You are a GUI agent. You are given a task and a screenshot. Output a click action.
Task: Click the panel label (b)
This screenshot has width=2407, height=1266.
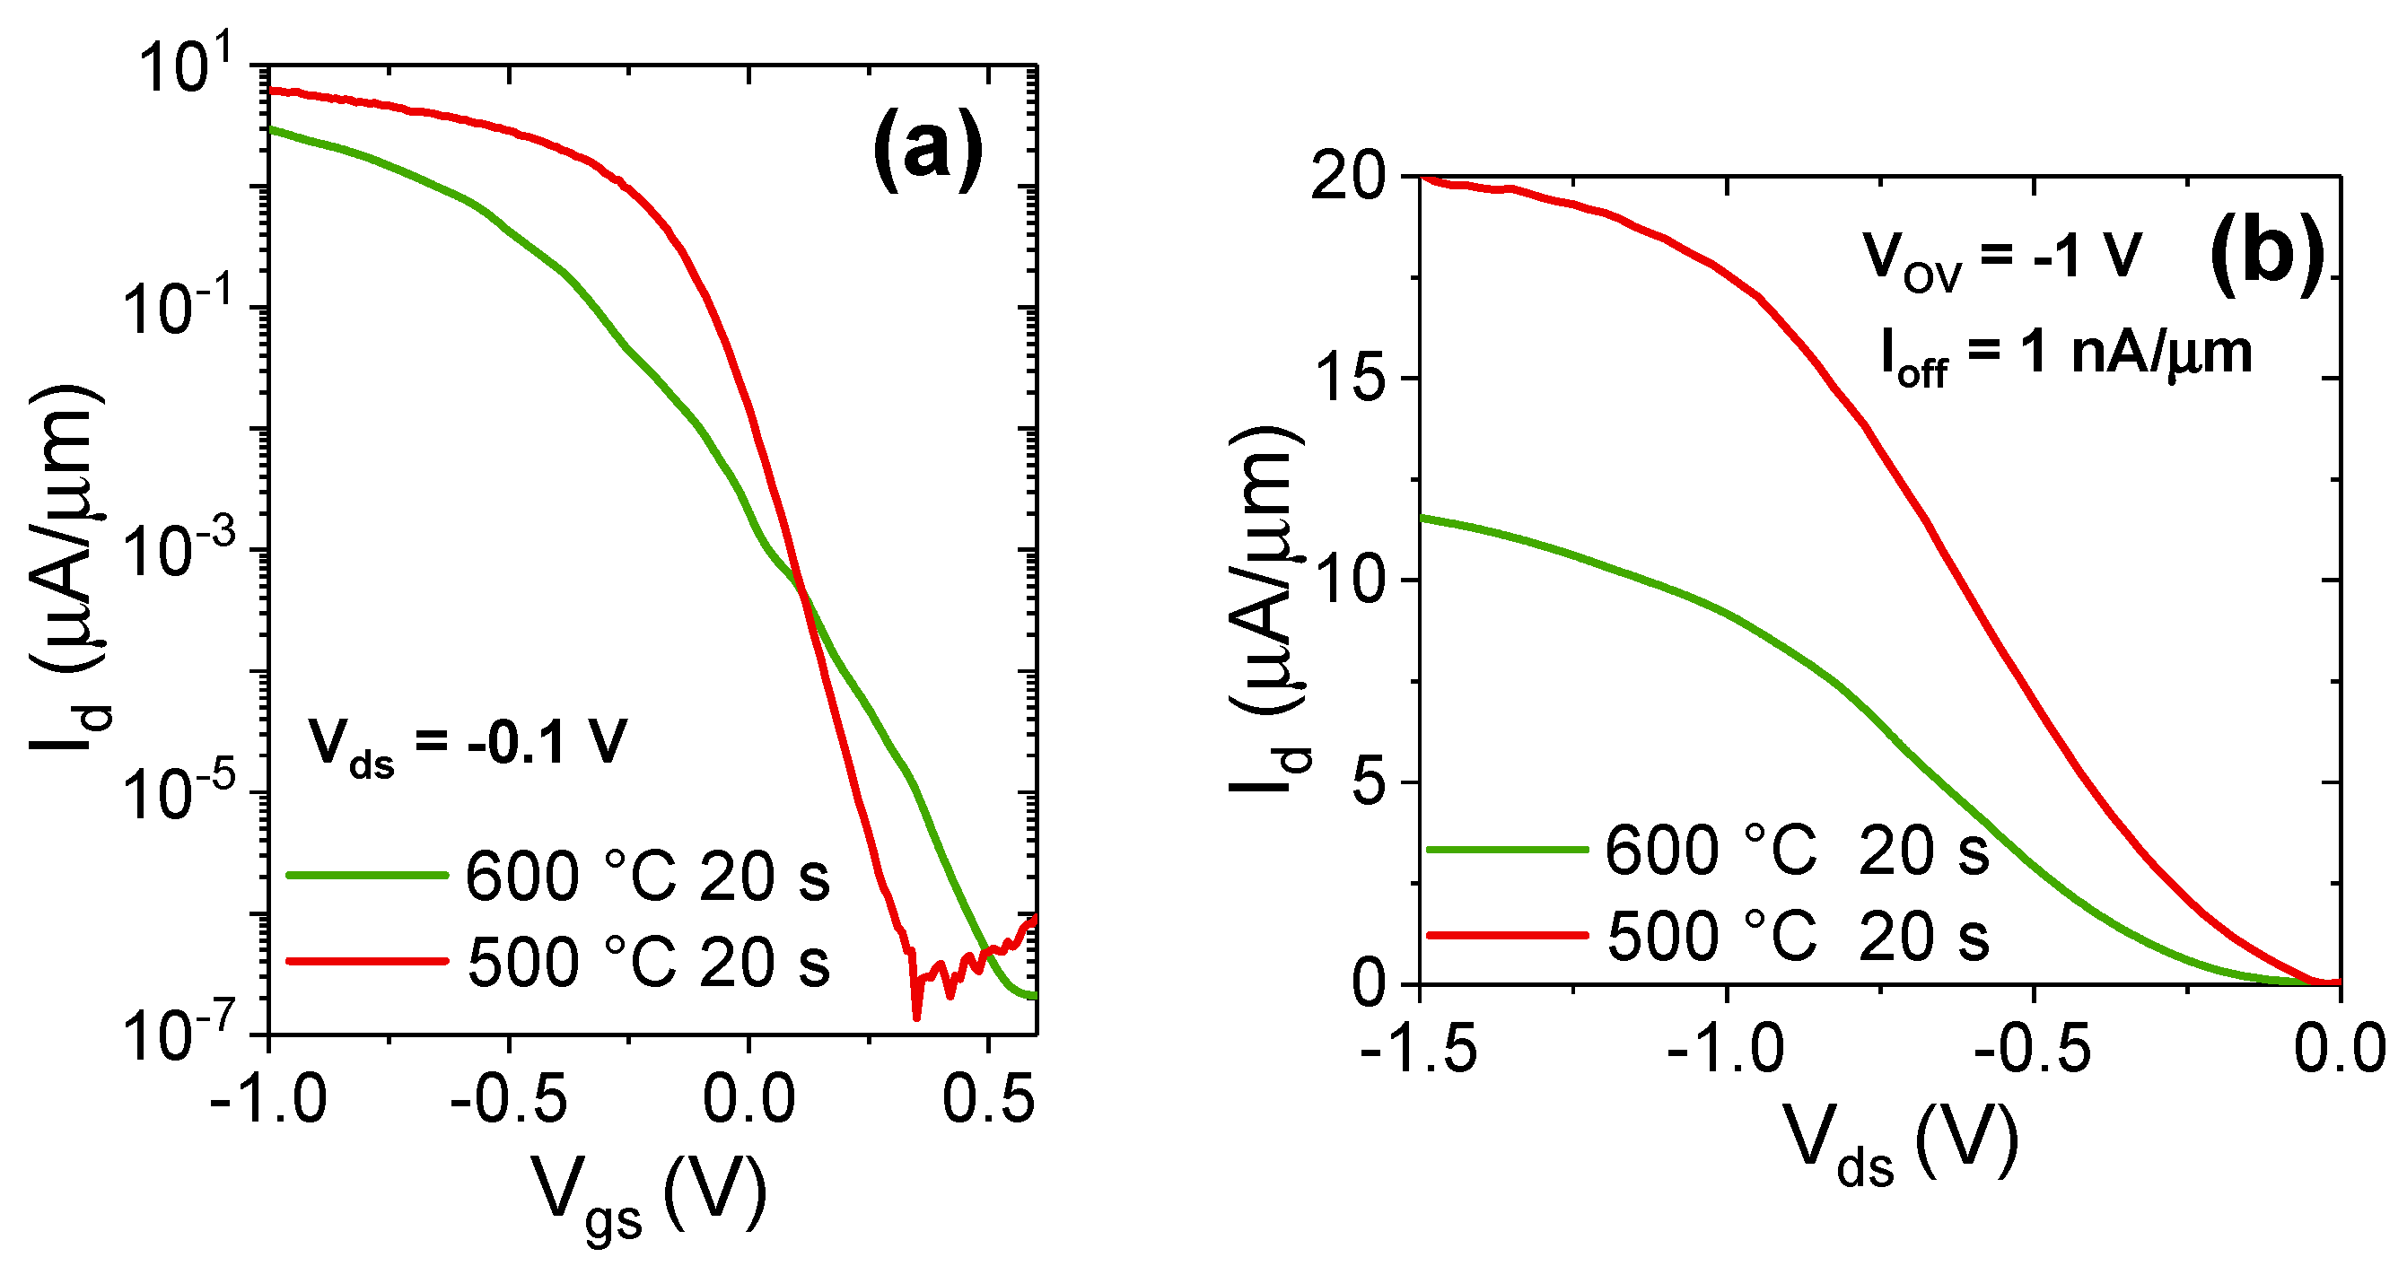[x=2267, y=254]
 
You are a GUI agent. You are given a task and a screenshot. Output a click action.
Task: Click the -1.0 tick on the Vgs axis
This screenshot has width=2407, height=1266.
[x=268, y=1099]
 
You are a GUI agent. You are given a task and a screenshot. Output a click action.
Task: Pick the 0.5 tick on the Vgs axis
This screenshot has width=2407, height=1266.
[x=987, y=1099]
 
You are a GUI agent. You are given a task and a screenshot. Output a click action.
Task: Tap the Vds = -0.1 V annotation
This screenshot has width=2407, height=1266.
[x=468, y=746]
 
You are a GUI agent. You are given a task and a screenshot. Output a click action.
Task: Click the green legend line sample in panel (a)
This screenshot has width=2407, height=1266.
[x=367, y=875]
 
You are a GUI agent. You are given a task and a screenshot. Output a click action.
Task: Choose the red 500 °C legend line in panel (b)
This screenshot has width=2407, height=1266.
[x=1507, y=934]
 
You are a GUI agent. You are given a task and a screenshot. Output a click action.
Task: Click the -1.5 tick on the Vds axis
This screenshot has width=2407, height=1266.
[x=1420, y=1047]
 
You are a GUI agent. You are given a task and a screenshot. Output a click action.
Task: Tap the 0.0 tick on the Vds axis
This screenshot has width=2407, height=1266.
[x=2339, y=1047]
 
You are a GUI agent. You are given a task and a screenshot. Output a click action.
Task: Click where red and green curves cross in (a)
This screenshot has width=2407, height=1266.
[x=803, y=595]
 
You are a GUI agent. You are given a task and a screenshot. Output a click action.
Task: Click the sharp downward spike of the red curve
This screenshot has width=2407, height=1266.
[x=915, y=1014]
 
